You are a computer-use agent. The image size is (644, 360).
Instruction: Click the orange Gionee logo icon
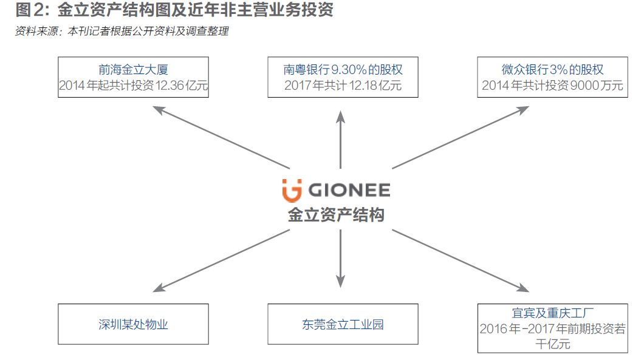pos(292,190)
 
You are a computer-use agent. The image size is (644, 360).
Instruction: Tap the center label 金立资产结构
pos(336,214)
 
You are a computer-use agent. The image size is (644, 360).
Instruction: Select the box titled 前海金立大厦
pos(133,77)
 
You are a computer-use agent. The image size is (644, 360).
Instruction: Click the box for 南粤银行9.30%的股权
pos(343,77)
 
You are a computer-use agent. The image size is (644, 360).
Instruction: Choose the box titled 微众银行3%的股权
pos(553,77)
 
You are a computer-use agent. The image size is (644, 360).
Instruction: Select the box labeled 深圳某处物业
pos(133,324)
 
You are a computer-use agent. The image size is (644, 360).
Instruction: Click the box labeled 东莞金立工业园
pos(343,324)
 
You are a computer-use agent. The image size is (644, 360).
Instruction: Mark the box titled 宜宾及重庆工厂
pos(553,328)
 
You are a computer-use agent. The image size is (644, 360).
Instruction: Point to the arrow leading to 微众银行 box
pos(462,137)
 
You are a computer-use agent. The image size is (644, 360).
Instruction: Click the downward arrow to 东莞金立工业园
pos(340,258)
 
